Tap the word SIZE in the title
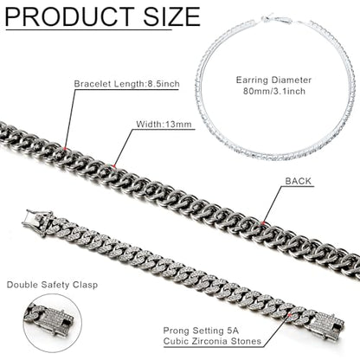pyautogui.click(x=171, y=16)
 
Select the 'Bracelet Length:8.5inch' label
pyautogui.click(x=127, y=84)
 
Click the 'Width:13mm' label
pyautogui.click(x=164, y=125)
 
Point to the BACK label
pyautogui.click(x=299, y=181)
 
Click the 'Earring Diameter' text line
pyautogui.click(x=273, y=80)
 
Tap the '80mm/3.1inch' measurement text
pyautogui.click(x=273, y=92)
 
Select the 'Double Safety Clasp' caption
pyautogui.click(x=52, y=285)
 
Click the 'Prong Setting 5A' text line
pyautogui.click(x=201, y=331)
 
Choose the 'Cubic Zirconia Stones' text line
pyautogui.click(x=212, y=341)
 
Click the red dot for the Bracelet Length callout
pyautogui.click(x=66, y=148)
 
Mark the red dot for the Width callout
pyautogui.click(x=114, y=166)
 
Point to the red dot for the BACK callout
pyautogui.click(x=263, y=222)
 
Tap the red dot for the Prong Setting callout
pyautogui.click(x=290, y=314)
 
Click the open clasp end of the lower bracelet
pyautogui.click(x=40, y=221)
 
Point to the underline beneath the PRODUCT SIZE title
pyautogui.click(x=88, y=29)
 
